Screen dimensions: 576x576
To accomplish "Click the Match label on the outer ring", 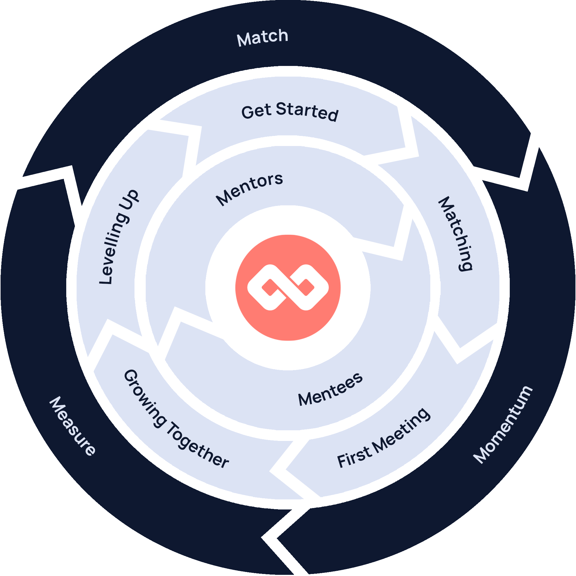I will [262, 37].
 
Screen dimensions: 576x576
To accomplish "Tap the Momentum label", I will [503, 425].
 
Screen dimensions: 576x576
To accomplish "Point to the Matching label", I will [455, 234].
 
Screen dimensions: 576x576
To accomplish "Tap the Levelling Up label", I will [119, 237].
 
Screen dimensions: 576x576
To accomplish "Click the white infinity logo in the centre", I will [288, 287].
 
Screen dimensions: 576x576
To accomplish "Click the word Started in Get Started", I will [307, 112].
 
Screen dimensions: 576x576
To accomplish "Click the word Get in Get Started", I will [256, 112].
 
